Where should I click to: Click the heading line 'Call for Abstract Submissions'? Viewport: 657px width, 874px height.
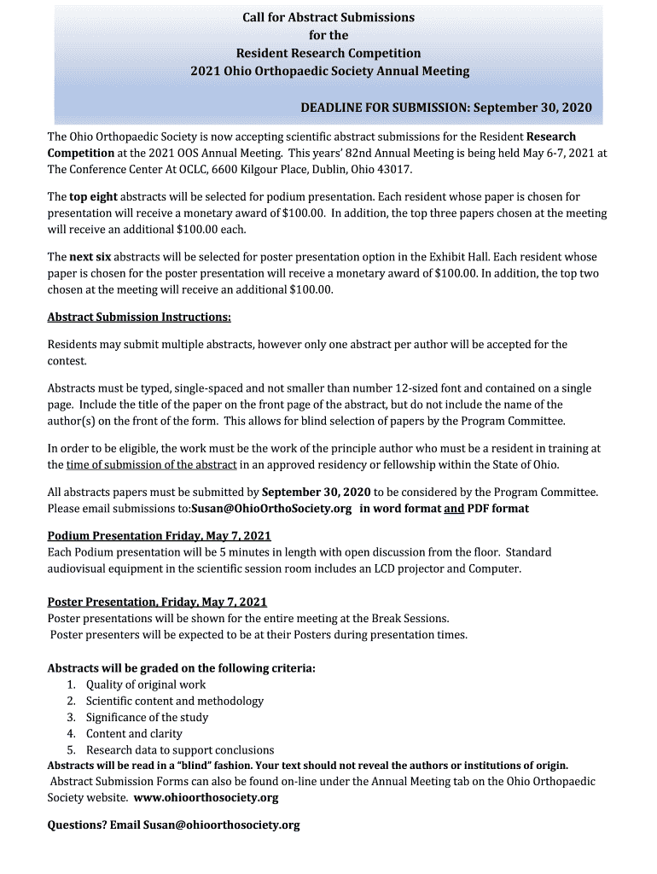pyautogui.click(x=329, y=17)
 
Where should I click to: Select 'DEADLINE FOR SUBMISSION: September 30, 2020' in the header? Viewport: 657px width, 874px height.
pyautogui.click(x=445, y=108)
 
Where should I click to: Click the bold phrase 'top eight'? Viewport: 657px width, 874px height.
pyautogui.click(x=93, y=197)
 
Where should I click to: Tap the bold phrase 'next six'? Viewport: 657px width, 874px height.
pyautogui.click(x=90, y=257)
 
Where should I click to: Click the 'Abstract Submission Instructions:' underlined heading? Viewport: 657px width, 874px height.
pyautogui.click(x=139, y=318)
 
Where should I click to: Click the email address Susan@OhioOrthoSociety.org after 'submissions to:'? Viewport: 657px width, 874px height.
pyautogui.click(x=271, y=509)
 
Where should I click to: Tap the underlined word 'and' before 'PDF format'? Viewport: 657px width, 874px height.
pyautogui.click(x=454, y=509)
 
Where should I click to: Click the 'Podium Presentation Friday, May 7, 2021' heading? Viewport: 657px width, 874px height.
pyautogui.click(x=160, y=536)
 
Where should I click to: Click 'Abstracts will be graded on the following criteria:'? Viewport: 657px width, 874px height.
pyautogui.click(x=181, y=668)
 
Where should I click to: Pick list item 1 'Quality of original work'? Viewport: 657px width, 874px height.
pyautogui.click(x=146, y=685)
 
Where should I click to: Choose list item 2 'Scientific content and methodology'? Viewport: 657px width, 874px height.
pyautogui.click(x=175, y=701)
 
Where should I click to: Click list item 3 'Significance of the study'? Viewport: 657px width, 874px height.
pyautogui.click(x=147, y=717)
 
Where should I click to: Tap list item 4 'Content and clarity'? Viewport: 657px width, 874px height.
pyautogui.click(x=134, y=733)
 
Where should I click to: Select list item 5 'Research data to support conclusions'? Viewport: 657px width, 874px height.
pyautogui.click(x=180, y=749)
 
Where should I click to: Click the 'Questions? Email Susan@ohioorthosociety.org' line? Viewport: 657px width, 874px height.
pyautogui.click(x=173, y=824)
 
